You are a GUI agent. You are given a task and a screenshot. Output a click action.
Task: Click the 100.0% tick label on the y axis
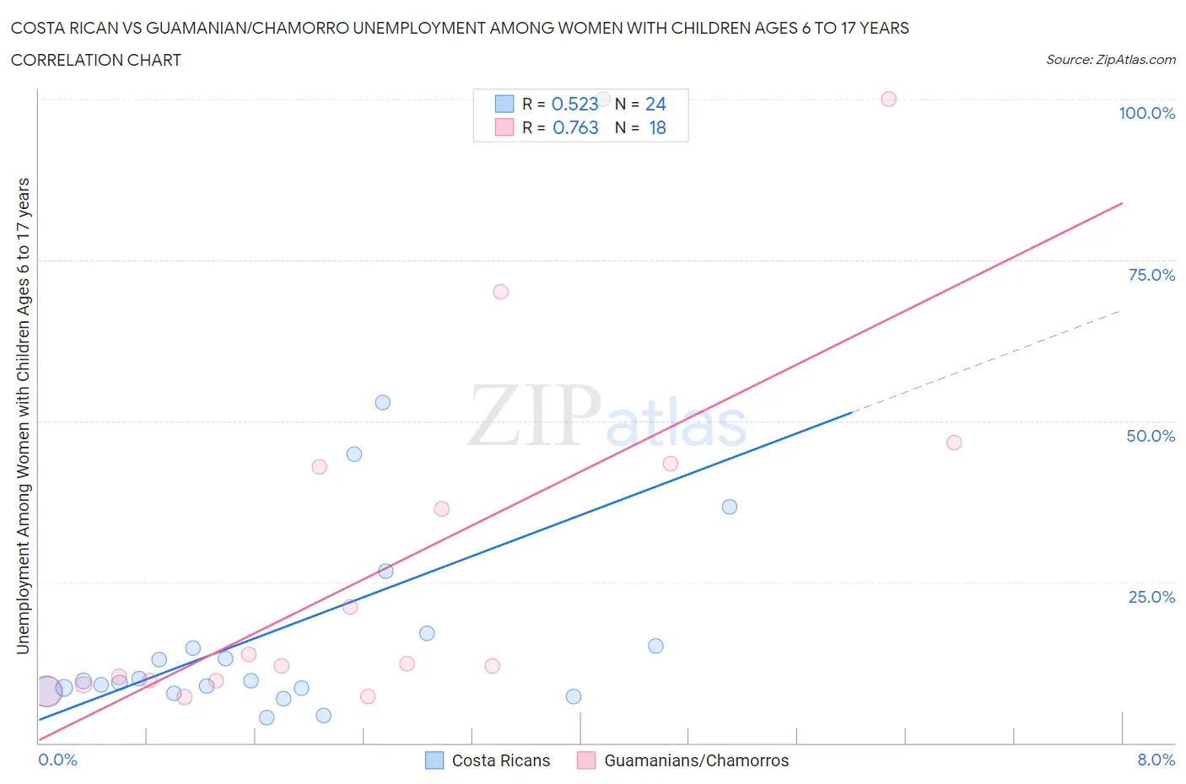1146,113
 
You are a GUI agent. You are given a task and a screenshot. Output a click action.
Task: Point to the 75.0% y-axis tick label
1151,275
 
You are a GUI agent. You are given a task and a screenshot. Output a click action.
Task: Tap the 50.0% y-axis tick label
1151,436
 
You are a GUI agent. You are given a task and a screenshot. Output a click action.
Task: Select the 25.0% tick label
1151,597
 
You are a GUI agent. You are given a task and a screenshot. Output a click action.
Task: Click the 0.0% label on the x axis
57,760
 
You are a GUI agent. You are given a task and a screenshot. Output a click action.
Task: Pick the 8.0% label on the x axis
1156,760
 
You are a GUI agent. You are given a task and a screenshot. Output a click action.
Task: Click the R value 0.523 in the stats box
574,104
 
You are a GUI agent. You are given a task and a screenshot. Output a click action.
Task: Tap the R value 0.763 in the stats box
575,127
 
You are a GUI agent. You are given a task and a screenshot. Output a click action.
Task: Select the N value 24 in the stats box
655,104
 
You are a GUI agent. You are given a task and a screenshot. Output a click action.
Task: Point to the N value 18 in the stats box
657,127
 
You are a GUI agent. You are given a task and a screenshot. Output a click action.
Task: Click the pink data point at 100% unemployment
888,99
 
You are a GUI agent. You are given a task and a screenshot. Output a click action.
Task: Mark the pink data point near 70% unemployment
500,292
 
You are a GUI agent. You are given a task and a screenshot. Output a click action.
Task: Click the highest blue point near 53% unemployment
382,402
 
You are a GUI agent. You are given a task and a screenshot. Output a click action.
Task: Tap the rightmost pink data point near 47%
954,443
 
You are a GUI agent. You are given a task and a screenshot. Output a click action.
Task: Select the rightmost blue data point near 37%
730,507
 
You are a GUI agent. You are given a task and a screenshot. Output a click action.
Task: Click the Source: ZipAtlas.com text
1110,59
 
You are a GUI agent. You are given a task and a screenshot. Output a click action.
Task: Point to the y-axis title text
23,416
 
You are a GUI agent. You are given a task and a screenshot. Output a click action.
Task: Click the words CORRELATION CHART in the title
96,60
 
